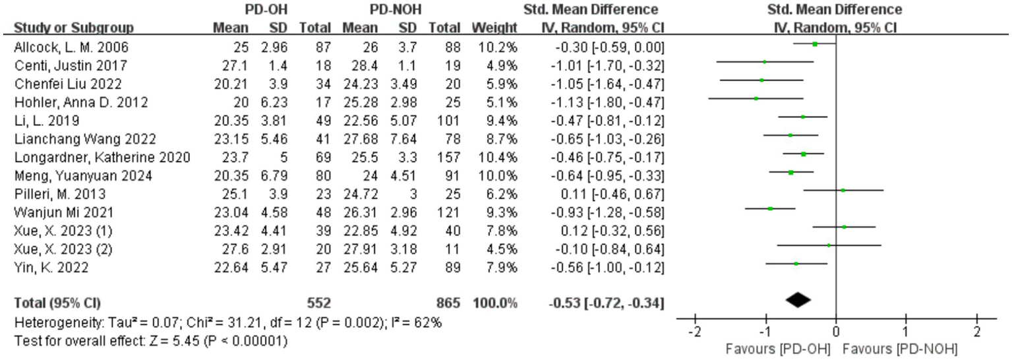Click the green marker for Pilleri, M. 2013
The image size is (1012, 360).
pos(843,190)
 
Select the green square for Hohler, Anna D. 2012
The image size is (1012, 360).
pos(756,98)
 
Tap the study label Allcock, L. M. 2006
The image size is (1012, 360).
pos(71,47)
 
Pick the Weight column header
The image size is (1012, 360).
pos(494,28)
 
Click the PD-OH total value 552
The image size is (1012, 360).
pos(318,303)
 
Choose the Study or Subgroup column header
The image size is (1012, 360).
pos(74,28)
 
